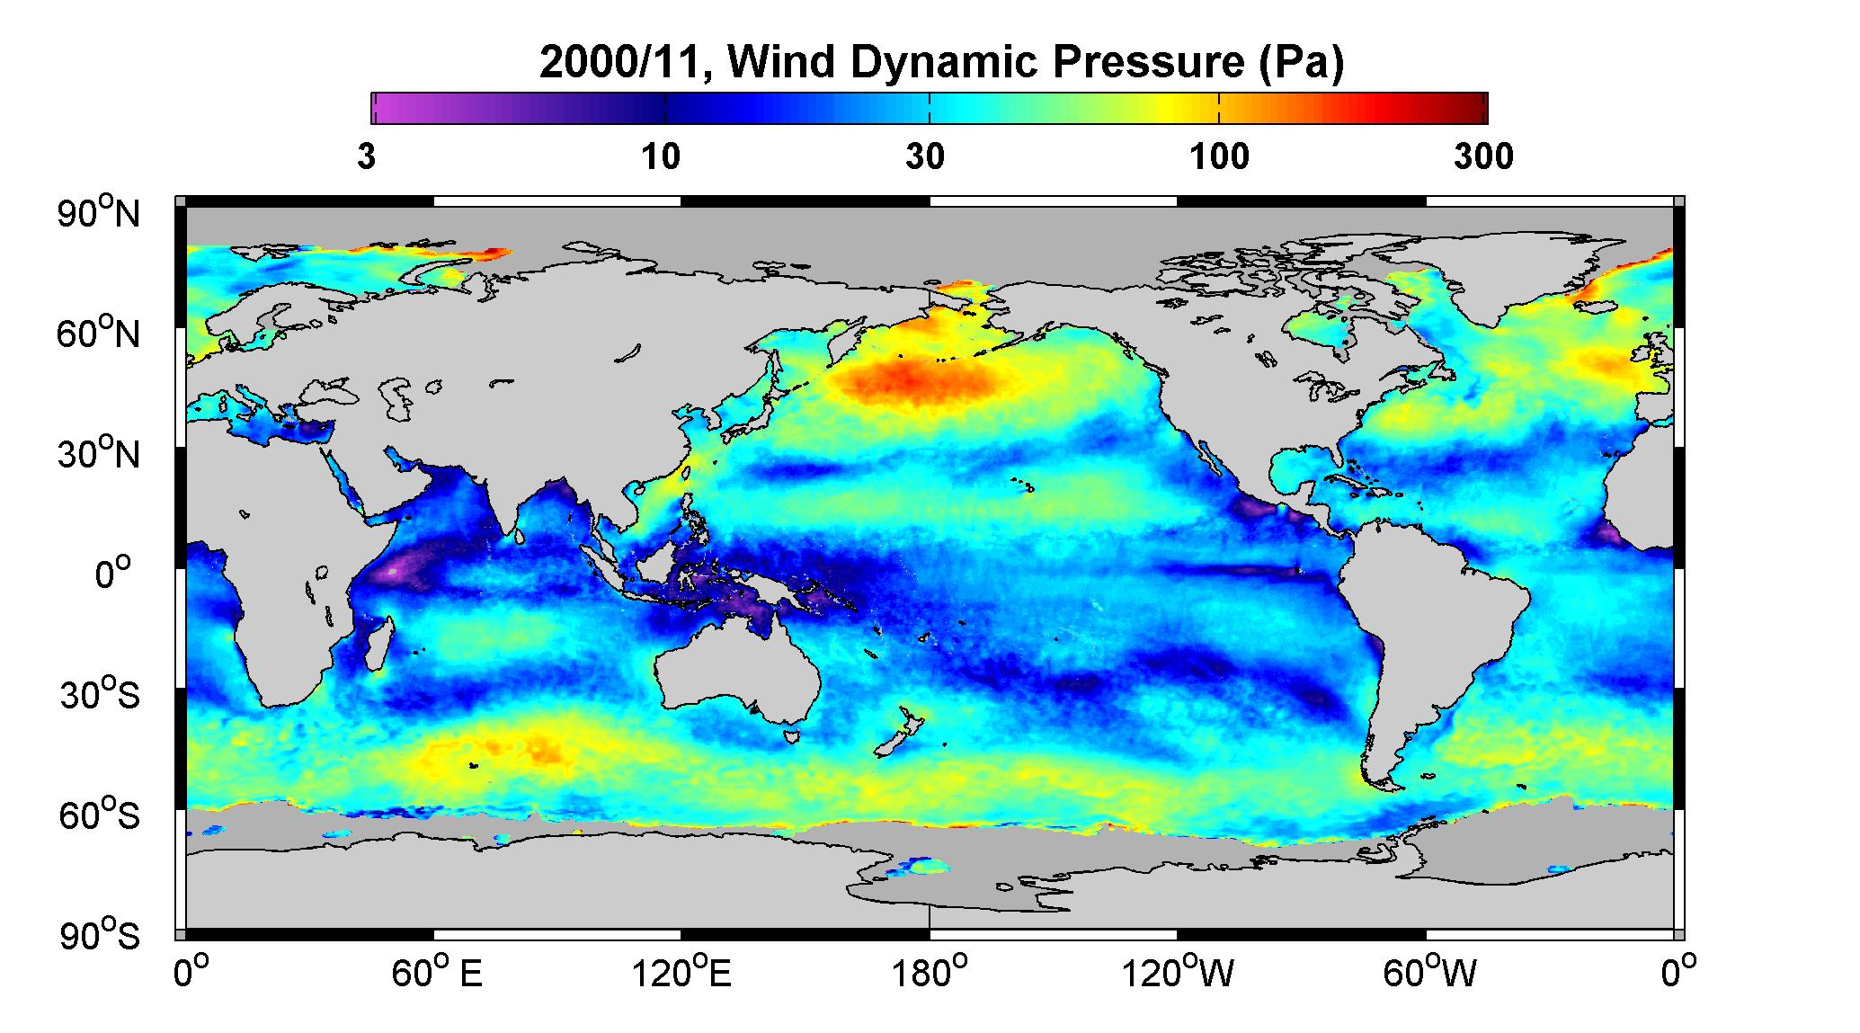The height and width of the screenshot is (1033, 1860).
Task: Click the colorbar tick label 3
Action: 367,157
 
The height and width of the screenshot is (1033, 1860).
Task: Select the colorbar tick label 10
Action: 661,157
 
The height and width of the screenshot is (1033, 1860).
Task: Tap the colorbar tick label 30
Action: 925,157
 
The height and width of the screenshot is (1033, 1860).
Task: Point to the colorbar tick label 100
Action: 1219,157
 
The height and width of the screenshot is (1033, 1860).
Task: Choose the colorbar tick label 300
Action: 1483,157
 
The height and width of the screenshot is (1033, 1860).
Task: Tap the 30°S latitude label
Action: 100,694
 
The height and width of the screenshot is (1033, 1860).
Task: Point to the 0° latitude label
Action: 112,574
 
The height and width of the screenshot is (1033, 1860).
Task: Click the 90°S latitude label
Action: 100,935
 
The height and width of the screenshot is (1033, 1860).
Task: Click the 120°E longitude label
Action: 681,973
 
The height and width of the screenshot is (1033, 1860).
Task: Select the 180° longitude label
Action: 930,973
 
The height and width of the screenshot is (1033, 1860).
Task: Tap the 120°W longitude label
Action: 1179,973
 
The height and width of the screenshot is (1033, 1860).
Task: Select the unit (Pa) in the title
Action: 1300,63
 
